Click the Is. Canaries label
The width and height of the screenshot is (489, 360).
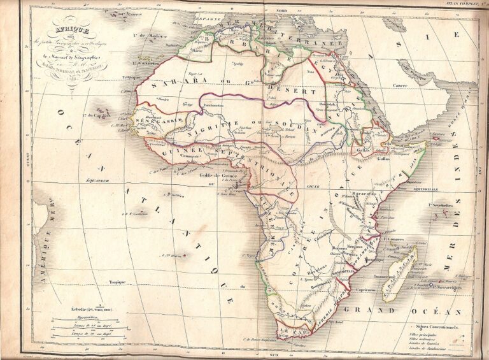coord(146,62)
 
